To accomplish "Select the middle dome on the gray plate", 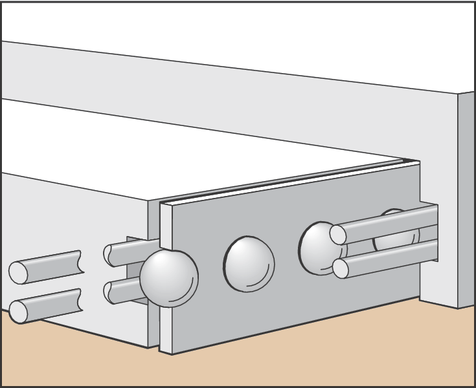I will [249, 263].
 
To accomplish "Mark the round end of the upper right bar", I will [338, 234].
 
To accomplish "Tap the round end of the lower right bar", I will [341, 268].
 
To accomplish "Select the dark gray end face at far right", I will [466, 200].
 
